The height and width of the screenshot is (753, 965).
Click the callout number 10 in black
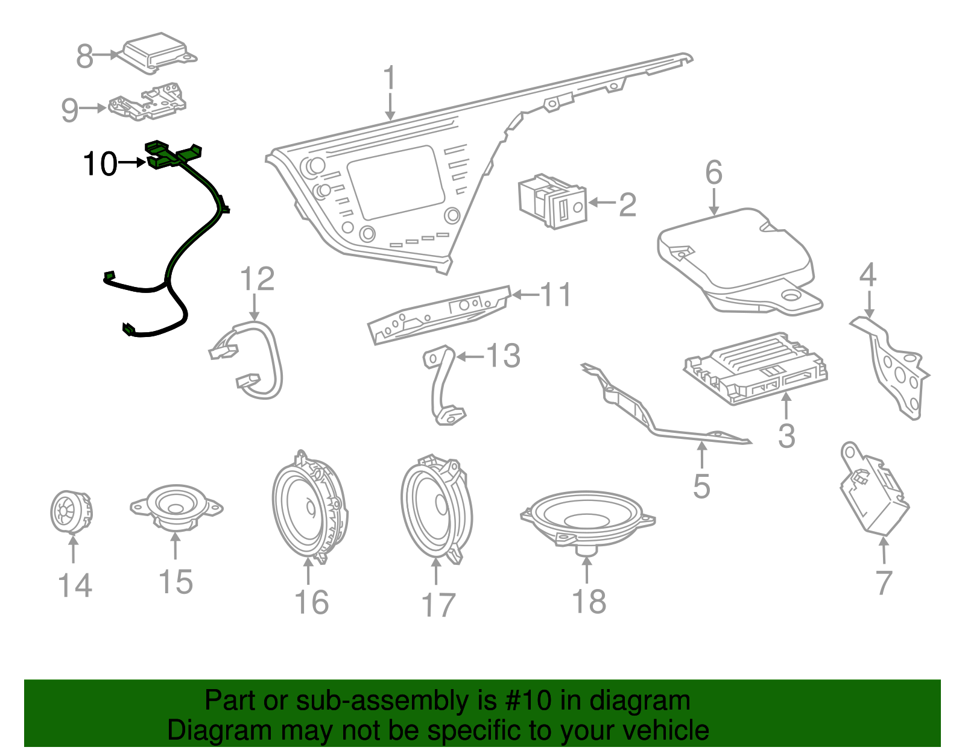click(x=100, y=164)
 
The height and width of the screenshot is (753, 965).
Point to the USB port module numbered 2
click(x=552, y=202)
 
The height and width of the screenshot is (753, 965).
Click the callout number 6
click(x=713, y=173)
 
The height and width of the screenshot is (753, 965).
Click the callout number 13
click(x=503, y=356)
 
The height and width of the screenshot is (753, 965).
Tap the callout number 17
click(x=438, y=605)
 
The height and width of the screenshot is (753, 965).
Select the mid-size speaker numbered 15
click(x=176, y=506)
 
